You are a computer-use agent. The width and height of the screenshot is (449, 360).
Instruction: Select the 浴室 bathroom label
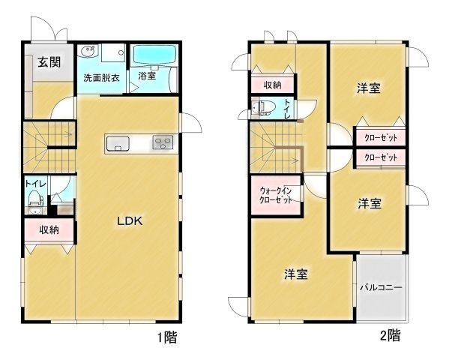tap(147, 75)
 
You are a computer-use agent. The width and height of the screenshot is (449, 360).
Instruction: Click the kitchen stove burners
tap(163, 142)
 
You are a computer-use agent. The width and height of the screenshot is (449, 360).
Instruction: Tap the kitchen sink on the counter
tap(118, 142)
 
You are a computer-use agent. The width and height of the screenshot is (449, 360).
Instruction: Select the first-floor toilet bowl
tap(34, 199)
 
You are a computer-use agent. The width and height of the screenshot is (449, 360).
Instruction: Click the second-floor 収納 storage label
tap(272, 85)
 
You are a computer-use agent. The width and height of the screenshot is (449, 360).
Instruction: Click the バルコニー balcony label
tap(380, 287)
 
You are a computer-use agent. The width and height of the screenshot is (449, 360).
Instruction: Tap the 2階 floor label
tap(390, 335)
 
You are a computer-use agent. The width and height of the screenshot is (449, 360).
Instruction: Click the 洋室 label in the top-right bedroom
tap(367, 88)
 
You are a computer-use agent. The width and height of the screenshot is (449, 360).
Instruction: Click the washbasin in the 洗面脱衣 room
tap(88, 52)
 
